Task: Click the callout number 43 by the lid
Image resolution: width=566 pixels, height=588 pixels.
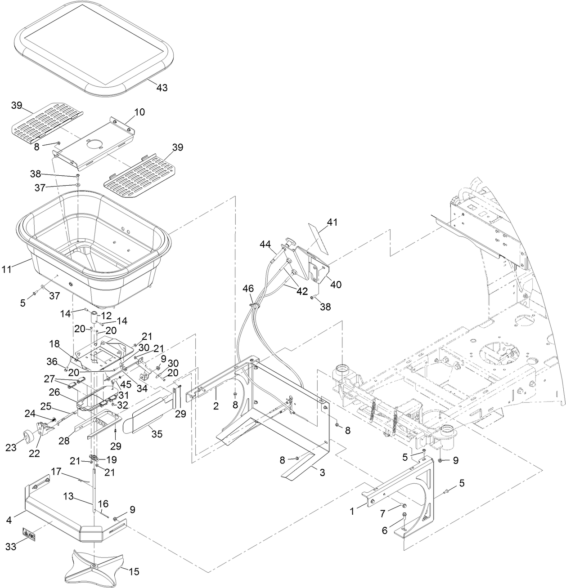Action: tap(162, 88)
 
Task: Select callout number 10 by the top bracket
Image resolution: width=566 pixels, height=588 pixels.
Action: tap(139, 112)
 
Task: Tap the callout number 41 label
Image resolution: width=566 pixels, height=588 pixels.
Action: tap(332, 222)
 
